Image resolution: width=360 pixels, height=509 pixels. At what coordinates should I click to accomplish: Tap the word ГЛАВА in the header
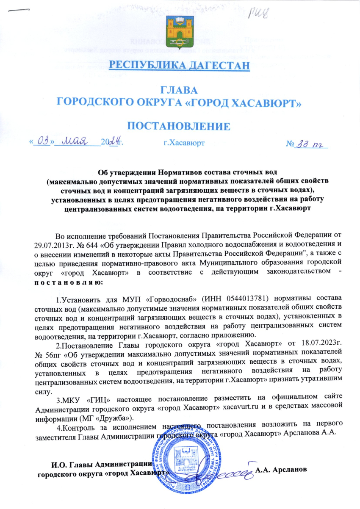[x=180, y=90]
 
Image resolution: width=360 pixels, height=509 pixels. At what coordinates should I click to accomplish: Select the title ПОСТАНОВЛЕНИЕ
[x=180, y=126]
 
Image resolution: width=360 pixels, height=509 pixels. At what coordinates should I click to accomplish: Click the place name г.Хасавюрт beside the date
[x=184, y=143]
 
